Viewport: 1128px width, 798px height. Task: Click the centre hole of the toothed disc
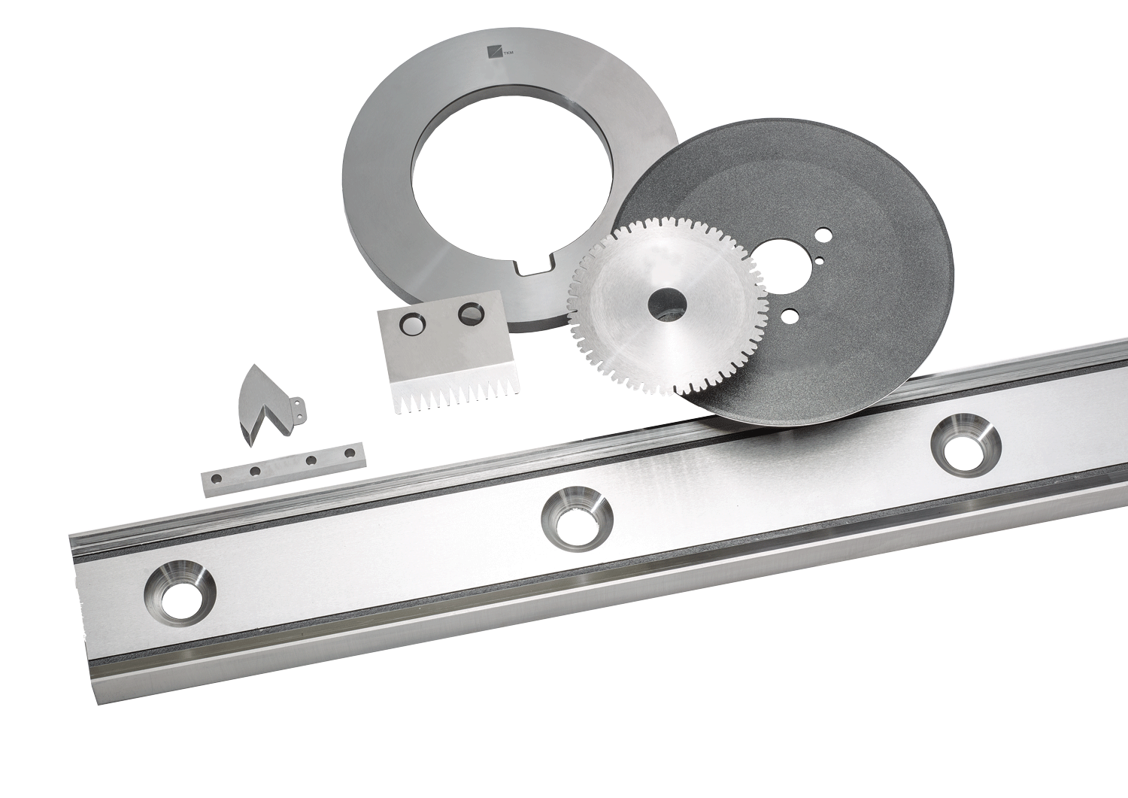pyautogui.click(x=669, y=305)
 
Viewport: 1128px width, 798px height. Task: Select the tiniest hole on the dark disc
pyautogui.click(x=820, y=260)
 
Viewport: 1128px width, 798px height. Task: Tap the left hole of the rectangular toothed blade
pyautogui.click(x=413, y=326)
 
